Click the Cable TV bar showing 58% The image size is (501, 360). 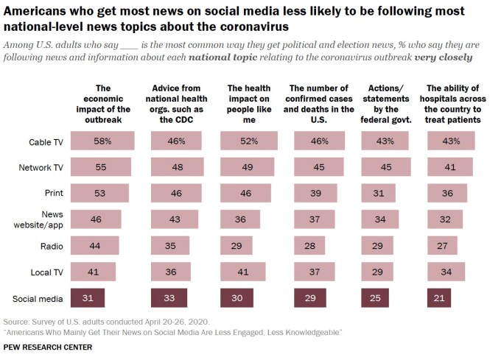(x=108, y=141)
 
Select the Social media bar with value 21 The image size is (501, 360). (x=438, y=298)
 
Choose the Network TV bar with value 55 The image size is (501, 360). (x=106, y=168)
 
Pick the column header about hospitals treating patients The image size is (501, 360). (x=453, y=103)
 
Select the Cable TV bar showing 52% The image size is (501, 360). (x=249, y=141)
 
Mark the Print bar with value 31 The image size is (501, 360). (x=379, y=194)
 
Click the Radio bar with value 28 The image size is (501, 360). (x=310, y=245)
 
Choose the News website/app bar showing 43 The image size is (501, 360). (x=173, y=219)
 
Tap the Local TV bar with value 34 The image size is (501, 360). (x=446, y=272)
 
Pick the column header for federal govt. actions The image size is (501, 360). (x=386, y=103)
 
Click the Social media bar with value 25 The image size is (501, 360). (x=376, y=298)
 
